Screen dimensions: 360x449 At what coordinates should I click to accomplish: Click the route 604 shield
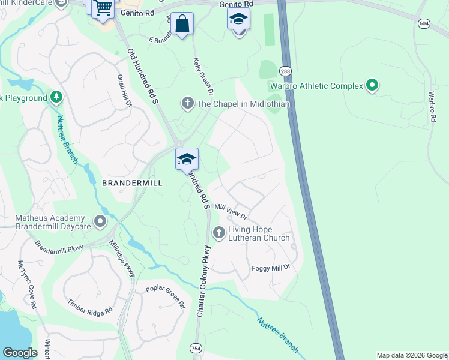pos(424,23)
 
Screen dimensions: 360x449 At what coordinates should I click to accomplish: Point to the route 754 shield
pos(196,349)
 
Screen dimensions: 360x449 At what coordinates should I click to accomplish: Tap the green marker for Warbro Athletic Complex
pos(372,86)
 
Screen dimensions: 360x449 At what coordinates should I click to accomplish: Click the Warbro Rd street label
pos(432,107)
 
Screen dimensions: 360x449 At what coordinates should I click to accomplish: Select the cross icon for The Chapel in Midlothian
pos(187,104)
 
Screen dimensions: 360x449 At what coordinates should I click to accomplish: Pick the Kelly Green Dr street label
pos(203,76)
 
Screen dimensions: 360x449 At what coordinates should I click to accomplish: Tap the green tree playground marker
pos(56,97)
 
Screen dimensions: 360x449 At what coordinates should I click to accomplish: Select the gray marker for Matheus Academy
pos(100,221)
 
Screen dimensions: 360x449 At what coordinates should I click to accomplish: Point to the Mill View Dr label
pos(231,211)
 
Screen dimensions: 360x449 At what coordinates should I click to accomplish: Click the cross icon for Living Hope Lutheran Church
pos(219,232)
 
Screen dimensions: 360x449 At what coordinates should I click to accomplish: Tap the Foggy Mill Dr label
pos(271,266)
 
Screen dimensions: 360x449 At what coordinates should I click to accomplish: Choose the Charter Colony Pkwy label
pos(203,281)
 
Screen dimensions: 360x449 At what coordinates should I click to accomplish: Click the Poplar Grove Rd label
pos(164,296)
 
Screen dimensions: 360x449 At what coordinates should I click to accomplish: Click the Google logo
pos(20,353)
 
